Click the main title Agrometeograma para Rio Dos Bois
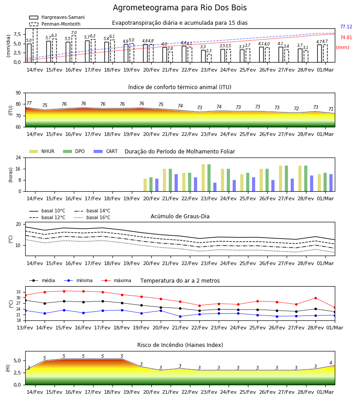point(180,8)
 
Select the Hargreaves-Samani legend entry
point(57,17)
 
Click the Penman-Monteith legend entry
point(55,24)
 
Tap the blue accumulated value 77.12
point(346,27)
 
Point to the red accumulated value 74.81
point(346,37)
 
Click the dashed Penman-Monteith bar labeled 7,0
point(74,49)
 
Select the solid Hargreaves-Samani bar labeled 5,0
point(29,53)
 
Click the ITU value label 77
point(29,103)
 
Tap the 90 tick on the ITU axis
point(18,93)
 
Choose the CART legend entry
point(105,151)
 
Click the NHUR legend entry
point(42,151)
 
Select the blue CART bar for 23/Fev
point(215,187)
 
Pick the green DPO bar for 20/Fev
point(151,184)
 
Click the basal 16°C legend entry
point(92,217)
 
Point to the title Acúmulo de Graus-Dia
point(180,216)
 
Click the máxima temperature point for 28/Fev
point(315,298)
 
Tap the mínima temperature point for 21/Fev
point(180,316)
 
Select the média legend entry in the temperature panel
point(42,280)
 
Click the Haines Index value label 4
point(331,363)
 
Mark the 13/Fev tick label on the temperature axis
point(25,328)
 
